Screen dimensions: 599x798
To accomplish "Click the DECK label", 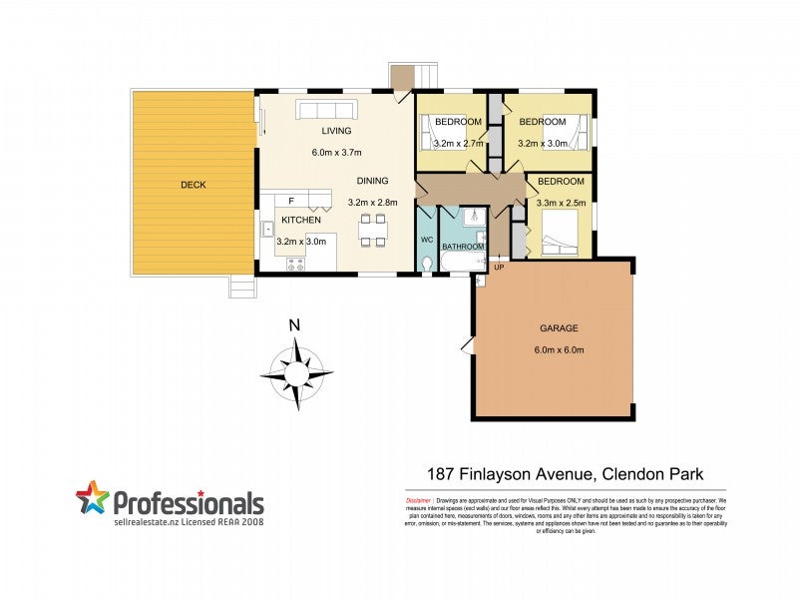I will (194, 185).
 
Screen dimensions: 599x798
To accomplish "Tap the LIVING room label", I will (336, 131).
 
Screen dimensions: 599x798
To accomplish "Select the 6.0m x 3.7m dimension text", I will (336, 153).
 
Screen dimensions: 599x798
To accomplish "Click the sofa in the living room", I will (325, 109).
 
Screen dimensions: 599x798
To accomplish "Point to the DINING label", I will (372, 182).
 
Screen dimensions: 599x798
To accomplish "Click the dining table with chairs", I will (372, 230).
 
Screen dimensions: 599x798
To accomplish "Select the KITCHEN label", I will (300, 220).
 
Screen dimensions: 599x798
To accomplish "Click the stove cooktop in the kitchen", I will (296, 264).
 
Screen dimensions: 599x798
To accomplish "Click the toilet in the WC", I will (427, 264).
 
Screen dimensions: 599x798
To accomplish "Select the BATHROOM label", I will (463, 247).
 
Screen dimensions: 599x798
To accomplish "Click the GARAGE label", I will (559, 328).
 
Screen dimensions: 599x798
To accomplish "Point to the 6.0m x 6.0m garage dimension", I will (559, 349).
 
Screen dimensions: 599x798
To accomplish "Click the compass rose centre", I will (296, 375).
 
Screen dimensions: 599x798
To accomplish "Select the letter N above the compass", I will (294, 325).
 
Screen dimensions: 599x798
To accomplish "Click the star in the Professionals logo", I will (92, 498).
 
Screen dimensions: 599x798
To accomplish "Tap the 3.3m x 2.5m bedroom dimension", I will (560, 203).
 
